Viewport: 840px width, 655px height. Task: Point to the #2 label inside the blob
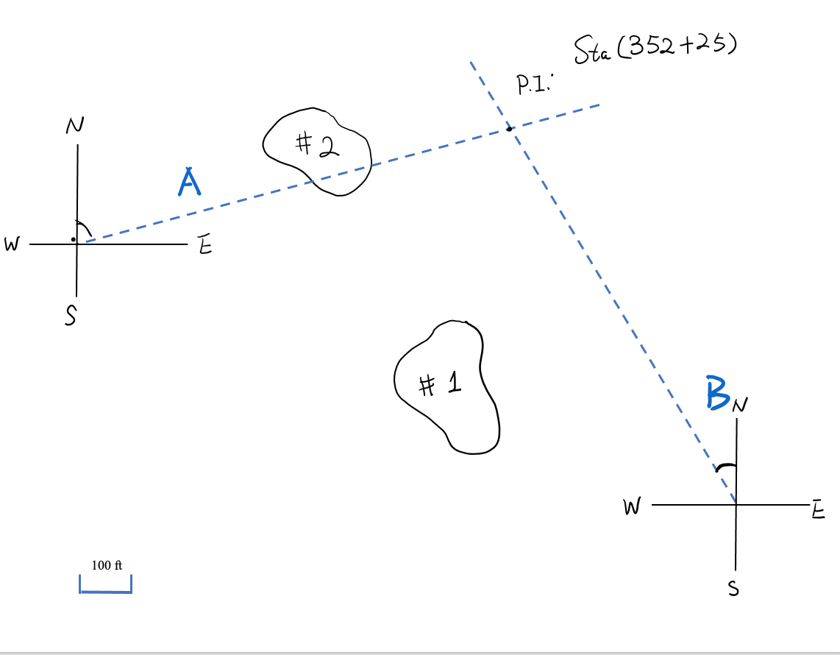pos(317,145)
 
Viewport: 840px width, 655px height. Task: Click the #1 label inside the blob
pos(440,383)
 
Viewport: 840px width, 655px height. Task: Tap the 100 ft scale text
pos(107,565)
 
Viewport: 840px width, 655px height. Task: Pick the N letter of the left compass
pos(74,127)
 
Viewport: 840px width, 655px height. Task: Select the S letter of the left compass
pos(71,316)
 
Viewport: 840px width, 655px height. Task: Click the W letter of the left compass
pos(11,245)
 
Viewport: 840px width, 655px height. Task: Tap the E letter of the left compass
pos(205,247)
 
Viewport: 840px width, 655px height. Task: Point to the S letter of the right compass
pos(733,589)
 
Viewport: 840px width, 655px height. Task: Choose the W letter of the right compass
pos(632,506)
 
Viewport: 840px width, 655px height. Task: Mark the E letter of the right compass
pos(817,509)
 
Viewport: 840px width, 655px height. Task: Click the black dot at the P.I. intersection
pos(509,129)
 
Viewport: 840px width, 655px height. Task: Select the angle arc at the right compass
pos(727,466)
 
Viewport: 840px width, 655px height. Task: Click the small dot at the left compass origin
pos(73,239)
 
